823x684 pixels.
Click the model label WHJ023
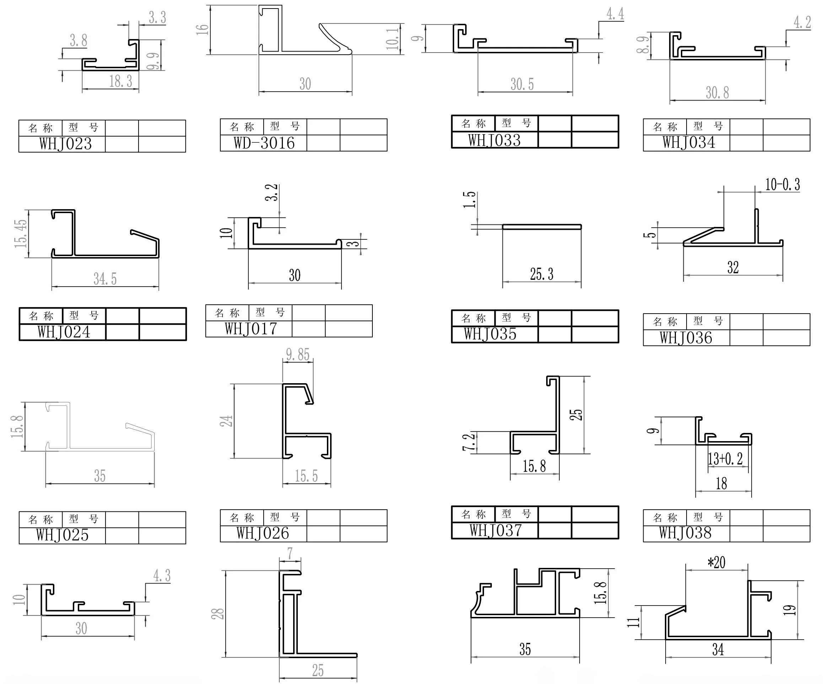tap(65, 144)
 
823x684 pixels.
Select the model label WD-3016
tap(264, 143)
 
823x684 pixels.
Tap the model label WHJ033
tap(494, 140)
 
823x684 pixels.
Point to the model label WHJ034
tap(689, 142)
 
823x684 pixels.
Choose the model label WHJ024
tap(64, 332)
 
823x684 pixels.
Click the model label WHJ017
tap(251, 329)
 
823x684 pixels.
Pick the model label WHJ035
tap(490, 334)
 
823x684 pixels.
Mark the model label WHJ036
tap(685, 338)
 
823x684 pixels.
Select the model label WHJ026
tap(263, 533)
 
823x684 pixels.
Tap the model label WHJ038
tap(685, 533)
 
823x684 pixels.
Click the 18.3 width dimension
tap(121, 81)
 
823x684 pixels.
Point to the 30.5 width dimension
tap(522, 84)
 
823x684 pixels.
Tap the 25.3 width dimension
tap(542, 274)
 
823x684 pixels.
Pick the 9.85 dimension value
tap(298, 354)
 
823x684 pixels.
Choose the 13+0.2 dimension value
tap(725, 459)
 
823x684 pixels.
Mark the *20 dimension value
tap(716, 563)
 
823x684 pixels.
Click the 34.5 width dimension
tap(105, 279)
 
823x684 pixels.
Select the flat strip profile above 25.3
tap(542, 227)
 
